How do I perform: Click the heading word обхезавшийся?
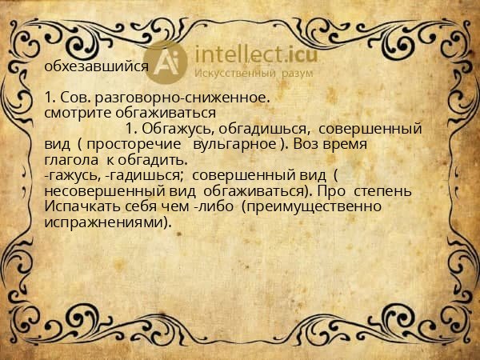pyautogui.click(x=97, y=67)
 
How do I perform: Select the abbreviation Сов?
pyautogui.click(x=73, y=98)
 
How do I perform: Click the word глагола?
pyautogui.click(x=70, y=160)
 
